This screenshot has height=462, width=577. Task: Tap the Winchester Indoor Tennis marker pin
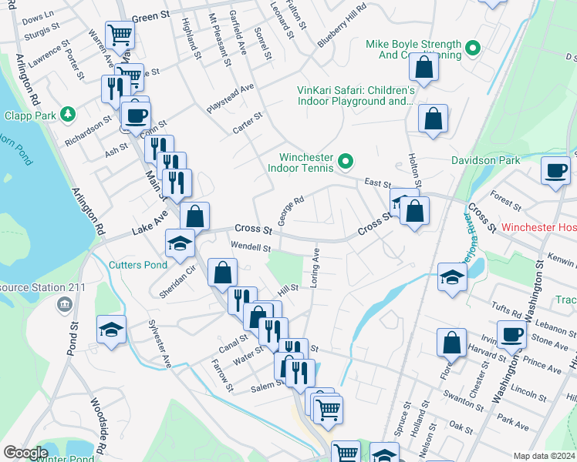pyautogui.click(x=346, y=162)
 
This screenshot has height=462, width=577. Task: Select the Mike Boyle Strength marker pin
pyautogui.click(x=475, y=49)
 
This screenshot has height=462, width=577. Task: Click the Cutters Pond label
pyautogui.click(x=137, y=265)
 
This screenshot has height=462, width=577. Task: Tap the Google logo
pyautogui.click(x=25, y=453)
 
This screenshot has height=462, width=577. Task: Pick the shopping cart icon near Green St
pyautogui.click(x=120, y=34)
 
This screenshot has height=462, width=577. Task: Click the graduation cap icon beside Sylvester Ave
pyautogui.click(x=111, y=330)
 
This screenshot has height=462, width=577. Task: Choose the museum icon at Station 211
pyautogui.click(x=62, y=305)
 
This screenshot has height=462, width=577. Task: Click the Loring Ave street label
pyautogui.click(x=315, y=268)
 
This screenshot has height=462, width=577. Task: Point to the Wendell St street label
pyautogui.click(x=250, y=248)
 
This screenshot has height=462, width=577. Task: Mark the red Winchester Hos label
pyautogui.click(x=538, y=228)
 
